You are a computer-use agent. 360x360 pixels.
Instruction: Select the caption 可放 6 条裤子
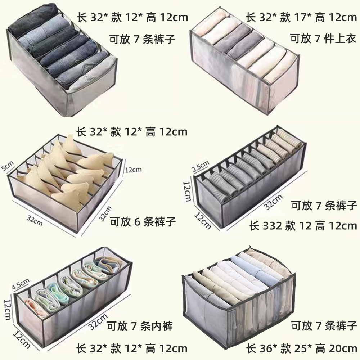pos(143,222)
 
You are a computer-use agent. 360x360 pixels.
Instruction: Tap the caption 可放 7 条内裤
pos(140,327)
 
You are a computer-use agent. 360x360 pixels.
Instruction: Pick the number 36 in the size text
pos(266,348)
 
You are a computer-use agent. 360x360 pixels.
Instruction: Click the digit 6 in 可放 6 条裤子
pos(137,222)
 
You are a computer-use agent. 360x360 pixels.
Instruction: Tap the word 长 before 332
pos(254,226)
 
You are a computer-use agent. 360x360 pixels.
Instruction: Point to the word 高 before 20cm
pos(320,348)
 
